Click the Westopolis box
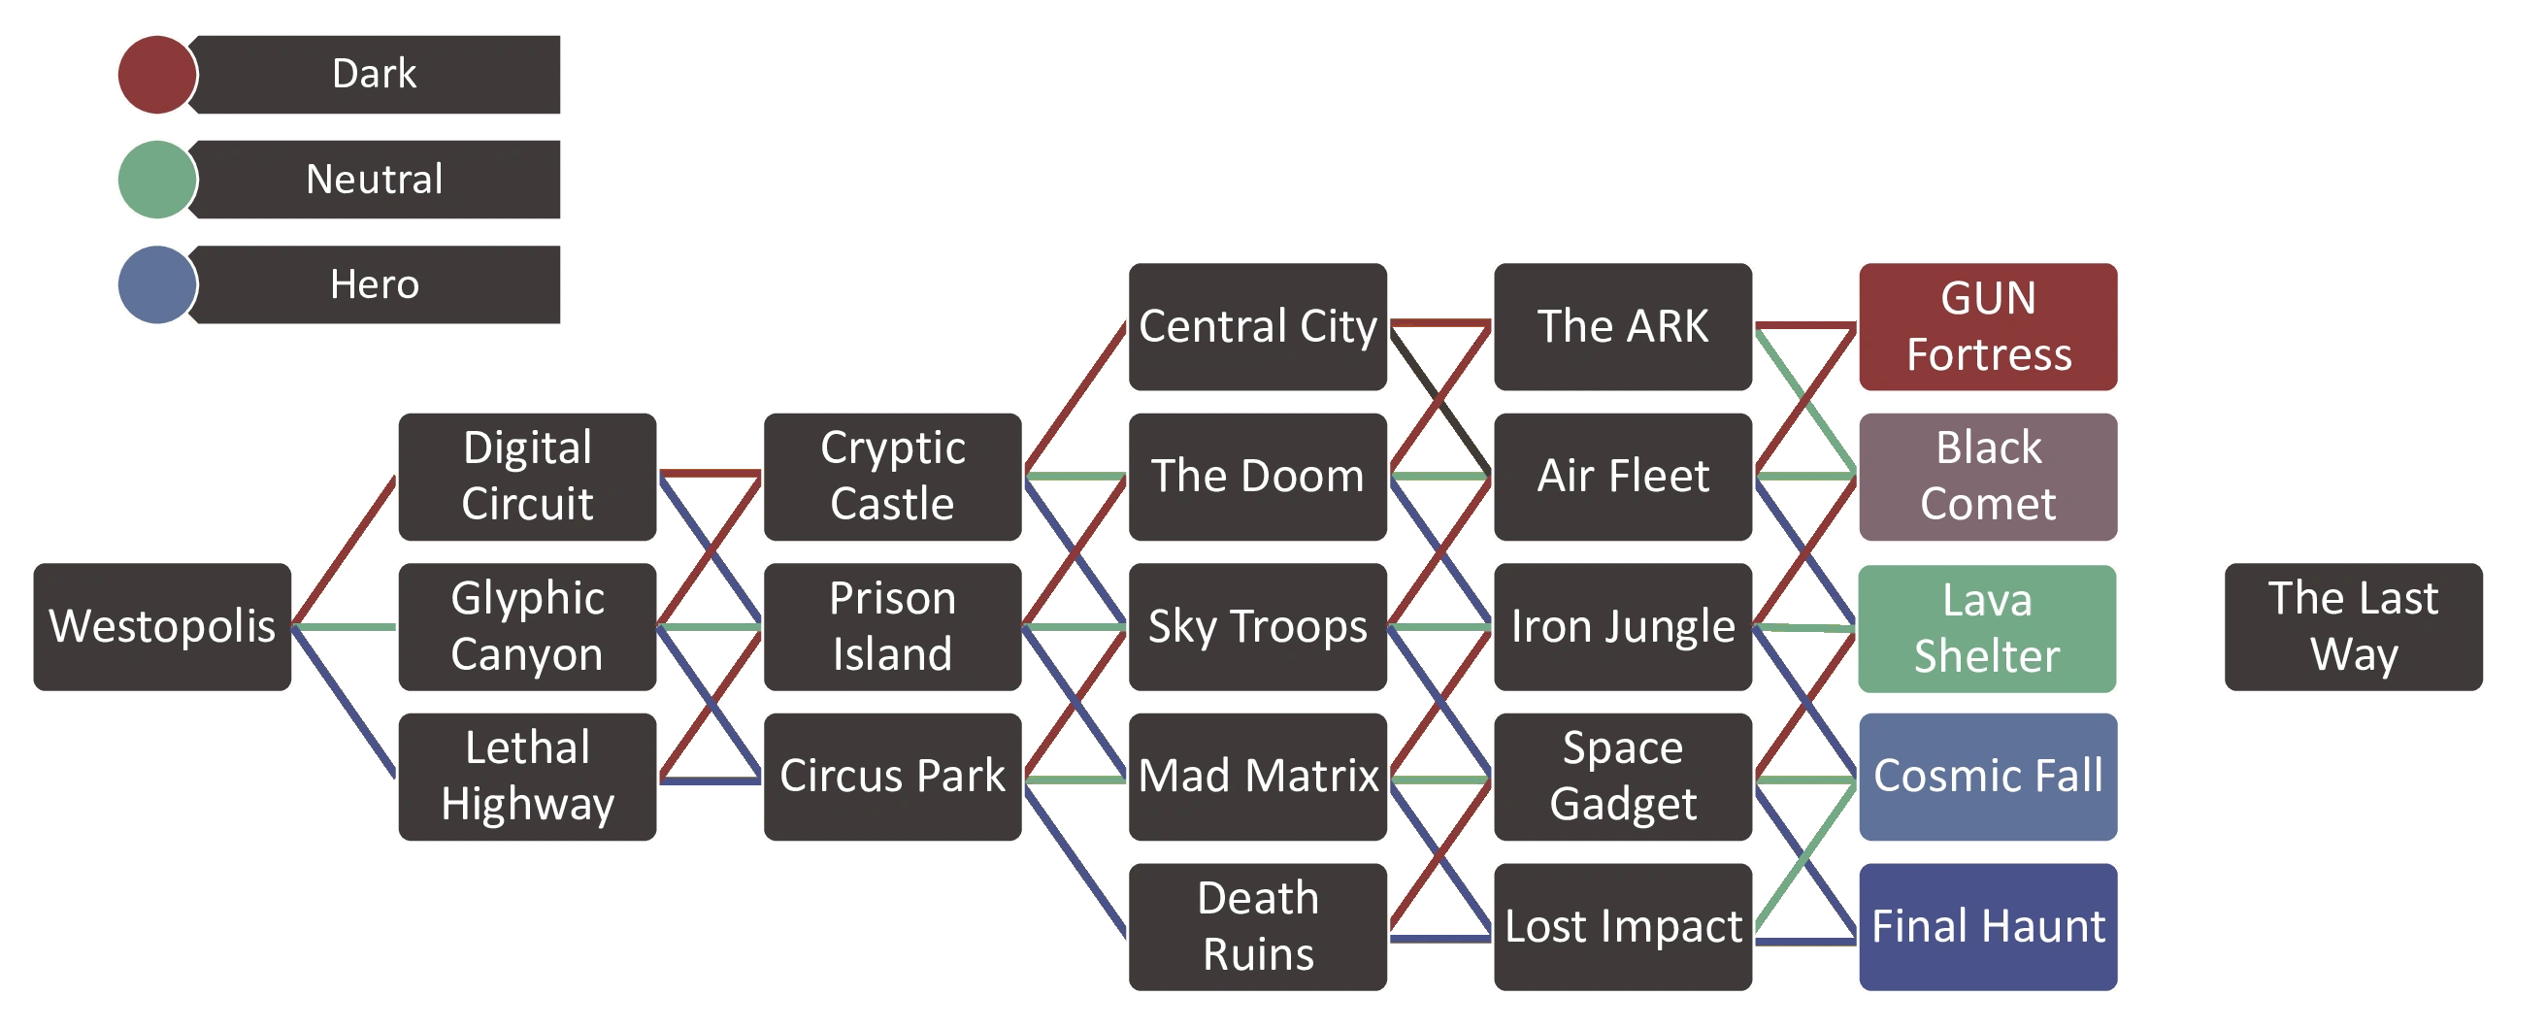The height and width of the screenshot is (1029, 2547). (x=162, y=627)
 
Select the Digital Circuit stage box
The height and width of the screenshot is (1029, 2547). (x=527, y=477)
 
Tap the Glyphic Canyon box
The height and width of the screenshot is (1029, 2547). (x=527, y=627)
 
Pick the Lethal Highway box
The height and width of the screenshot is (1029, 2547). (x=527, y=777)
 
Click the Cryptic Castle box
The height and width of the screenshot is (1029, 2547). (x=893, y=477)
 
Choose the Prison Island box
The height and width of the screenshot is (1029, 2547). (x=893, y=627)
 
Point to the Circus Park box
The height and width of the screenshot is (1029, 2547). (x=893, y=777)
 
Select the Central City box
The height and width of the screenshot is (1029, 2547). (x=1258, y=326)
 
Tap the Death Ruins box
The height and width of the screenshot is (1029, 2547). (x=1258, y=927)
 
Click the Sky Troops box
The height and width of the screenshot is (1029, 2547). (x=1258, y=627)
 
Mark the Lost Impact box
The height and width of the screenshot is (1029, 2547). (x=1624, y=927)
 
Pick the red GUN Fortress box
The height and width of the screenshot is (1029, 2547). (x=1988, y=326)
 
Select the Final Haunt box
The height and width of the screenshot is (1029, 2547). (x=1988, y=927)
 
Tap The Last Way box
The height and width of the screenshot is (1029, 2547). (x=2354, y=627)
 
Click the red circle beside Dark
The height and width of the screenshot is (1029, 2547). (x=157, y=74)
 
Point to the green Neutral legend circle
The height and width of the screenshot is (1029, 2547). (x=157, y=179)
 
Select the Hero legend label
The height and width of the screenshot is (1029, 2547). (x=375, y=284)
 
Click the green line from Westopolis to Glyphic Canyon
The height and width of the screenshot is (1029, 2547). (x=344, y=627)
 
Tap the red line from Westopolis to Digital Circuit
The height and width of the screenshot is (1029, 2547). (x=344, y=550)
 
